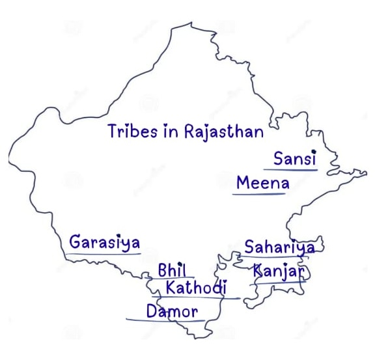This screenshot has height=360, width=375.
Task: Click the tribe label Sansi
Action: [x=295, y=159]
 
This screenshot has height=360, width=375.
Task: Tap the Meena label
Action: [x=263, y=183]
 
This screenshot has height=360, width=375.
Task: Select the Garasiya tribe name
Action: [x=105, y=243]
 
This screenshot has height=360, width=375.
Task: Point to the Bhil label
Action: [x=173, y=270]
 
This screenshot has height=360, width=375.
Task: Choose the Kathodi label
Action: [x=196, y=287]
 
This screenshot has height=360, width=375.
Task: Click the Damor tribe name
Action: [x=172, y=311]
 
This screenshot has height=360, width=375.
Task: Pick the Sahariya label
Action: [x=279, y=247]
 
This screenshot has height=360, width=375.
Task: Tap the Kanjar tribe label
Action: [x=278, y=271]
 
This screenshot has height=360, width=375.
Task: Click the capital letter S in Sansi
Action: [x=279, y=159]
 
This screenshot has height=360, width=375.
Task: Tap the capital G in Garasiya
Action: [x=76, y=243]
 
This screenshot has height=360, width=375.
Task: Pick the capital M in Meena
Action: [x=243, y=183]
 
